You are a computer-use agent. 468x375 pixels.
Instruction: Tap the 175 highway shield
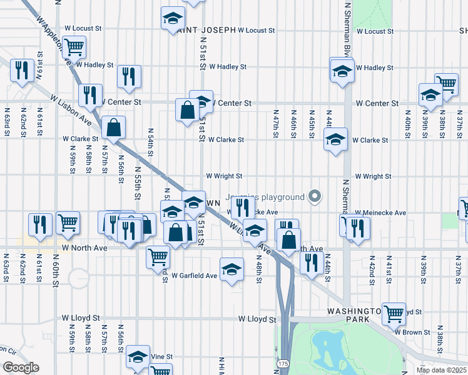283,362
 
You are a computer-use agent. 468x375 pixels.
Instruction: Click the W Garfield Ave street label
195,275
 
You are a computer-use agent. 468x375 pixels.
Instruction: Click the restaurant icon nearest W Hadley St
129,76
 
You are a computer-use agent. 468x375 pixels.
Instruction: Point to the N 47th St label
275,125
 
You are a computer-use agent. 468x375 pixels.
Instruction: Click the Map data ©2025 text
440,370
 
